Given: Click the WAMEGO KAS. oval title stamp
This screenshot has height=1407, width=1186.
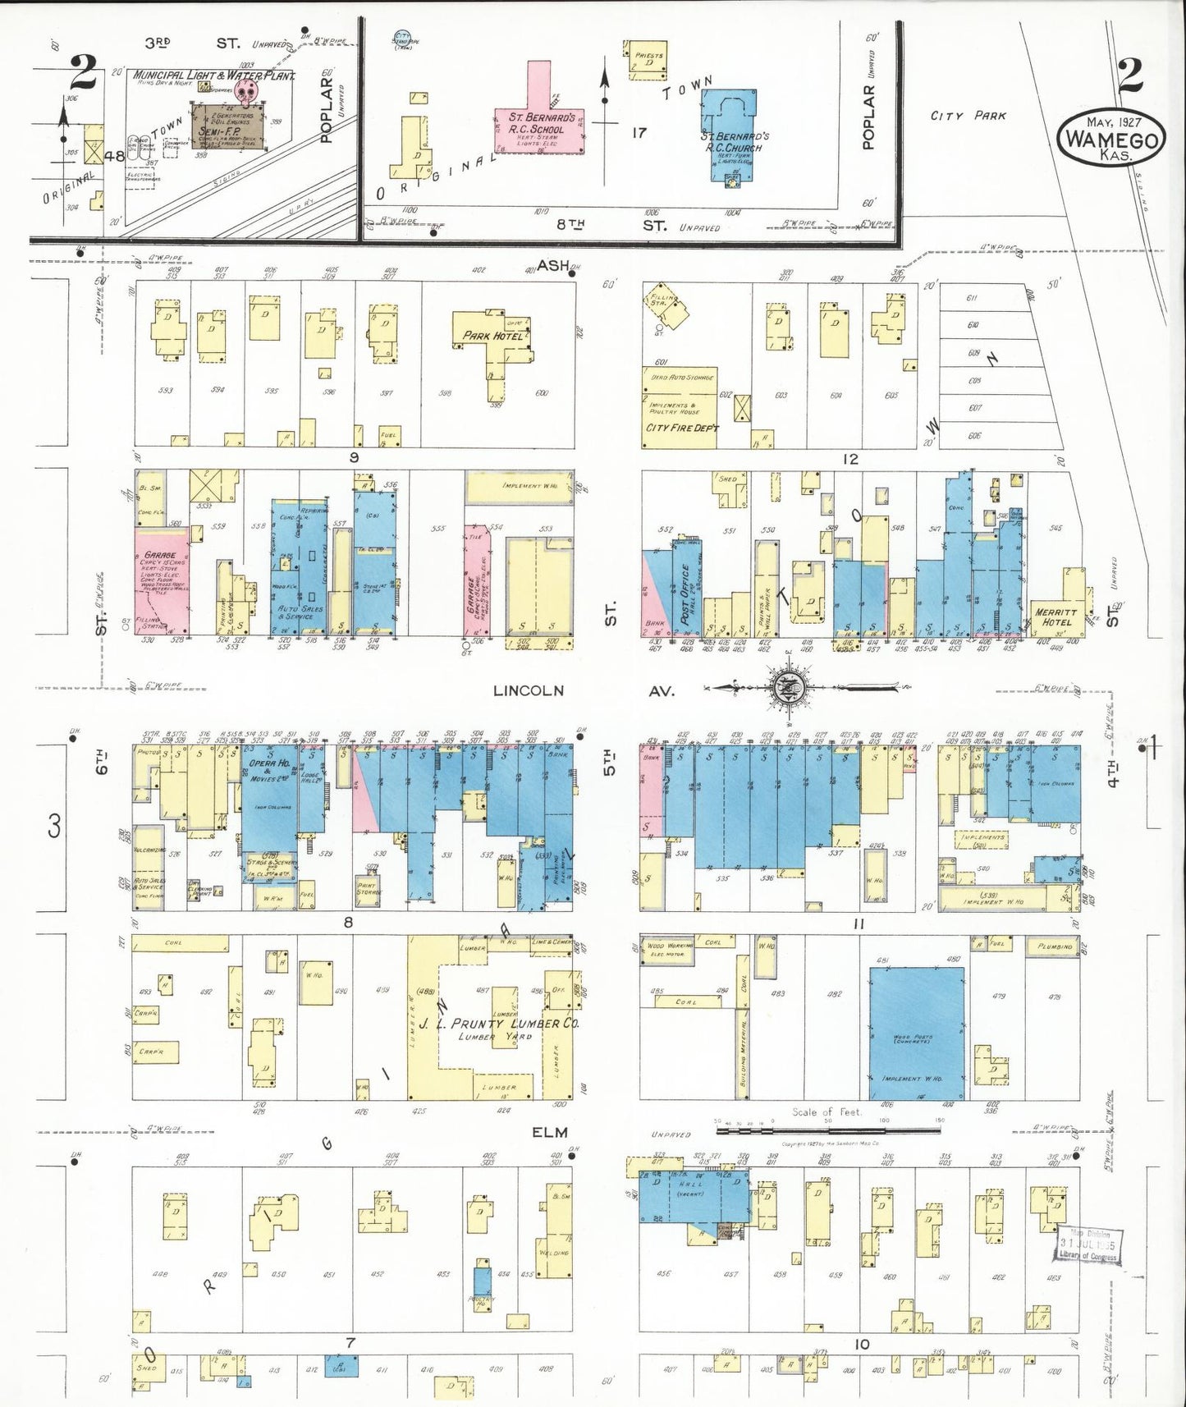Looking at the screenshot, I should tap(1113, 140).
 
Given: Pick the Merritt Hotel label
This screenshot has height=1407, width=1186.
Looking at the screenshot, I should tap(1055, 616).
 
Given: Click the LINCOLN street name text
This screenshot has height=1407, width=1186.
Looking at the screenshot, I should tap(528, 690).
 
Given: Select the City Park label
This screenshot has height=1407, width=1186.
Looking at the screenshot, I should tap(968, 116).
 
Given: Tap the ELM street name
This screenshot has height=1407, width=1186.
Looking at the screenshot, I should tap(549, 1132).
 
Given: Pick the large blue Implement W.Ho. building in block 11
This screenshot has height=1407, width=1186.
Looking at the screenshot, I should tap(916, 1033).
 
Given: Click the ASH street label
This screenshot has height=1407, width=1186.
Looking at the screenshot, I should tap(552, 265).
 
